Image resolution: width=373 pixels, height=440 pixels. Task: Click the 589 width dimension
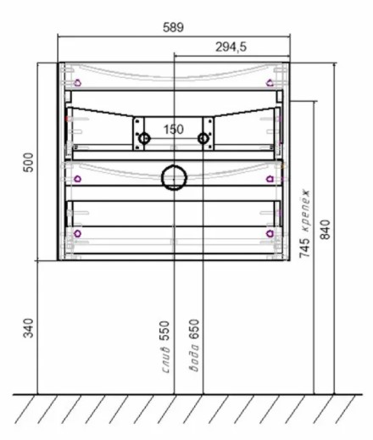tap(173, 27)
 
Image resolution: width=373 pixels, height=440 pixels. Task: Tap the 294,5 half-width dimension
tap(231, 47)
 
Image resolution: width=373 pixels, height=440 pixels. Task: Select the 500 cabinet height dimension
tap(29, 162)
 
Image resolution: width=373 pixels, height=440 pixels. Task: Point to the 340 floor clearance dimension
tap(28, 328)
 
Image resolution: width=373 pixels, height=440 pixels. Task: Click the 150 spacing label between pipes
tap(174, 130)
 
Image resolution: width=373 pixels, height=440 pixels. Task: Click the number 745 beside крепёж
tap(304, 248)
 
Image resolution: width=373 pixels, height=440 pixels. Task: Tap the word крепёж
tap(305, 210)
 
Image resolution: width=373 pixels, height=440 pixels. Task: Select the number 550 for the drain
tap(164, 331)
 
